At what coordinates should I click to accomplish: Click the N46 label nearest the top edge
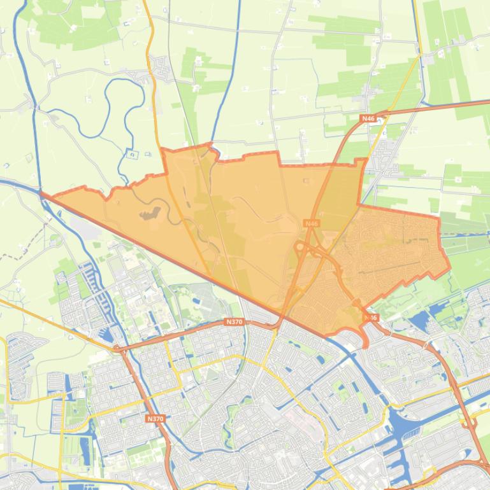point(368,118)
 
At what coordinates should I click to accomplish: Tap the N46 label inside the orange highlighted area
point(311,223)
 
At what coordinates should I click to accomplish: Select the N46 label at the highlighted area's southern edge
point(371,317)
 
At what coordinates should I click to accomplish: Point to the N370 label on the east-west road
point(234,322)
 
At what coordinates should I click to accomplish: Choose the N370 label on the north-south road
point(155,418)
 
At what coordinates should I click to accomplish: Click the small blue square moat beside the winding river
point(131,153)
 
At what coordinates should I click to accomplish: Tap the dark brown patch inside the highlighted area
point(154,213)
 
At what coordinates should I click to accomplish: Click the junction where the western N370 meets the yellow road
point(119,349)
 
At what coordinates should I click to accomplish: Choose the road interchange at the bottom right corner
point(472,468)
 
